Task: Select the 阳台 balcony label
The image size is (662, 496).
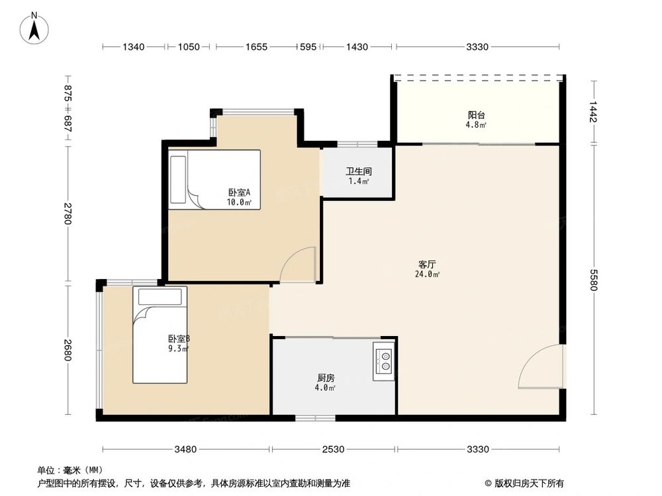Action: click(x=477, y=114)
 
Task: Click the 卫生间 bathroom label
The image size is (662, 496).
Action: click(x=358, y=170)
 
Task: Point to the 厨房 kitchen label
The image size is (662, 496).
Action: click(x=325, y=378)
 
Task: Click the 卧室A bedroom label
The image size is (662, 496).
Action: click(x=239, y=192)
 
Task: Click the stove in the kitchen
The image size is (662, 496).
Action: click(x=384, y=361)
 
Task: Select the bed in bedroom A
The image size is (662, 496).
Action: click(x=214, y=179)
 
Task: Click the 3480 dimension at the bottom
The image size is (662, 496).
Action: click(x=185, y=450)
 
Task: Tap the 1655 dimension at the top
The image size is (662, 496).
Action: click(x=256, y=47)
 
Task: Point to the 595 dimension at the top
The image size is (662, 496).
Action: click(x=308, y=47)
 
